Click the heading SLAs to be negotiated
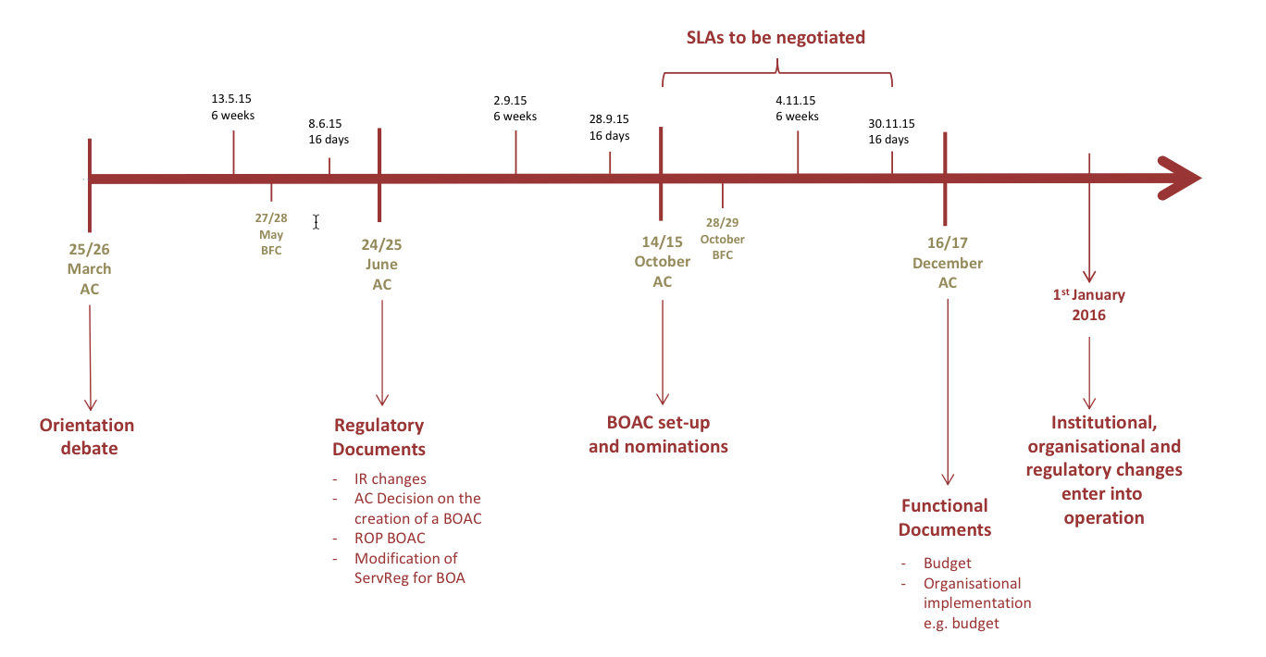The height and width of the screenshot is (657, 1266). pyautogui.click(x=776, y=38)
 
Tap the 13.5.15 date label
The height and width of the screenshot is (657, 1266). pyautogui.click(x=232, y=99)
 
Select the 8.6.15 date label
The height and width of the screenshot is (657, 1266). pyautogui.click(x=325, y=123)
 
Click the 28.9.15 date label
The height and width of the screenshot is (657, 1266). pyautogui.click(x=609, y=119)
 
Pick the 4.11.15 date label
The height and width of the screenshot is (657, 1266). pyautogui.click(x=796, y=100)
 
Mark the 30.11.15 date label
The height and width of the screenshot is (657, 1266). pyautogui.click(x=891, y=123)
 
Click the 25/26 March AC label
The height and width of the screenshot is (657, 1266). pyautogui.click(x=89, y=268)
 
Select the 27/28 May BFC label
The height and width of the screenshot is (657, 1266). pyautogui.click(x=270, y=234)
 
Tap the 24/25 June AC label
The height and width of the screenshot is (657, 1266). pyautogui.click(x=381, y=265)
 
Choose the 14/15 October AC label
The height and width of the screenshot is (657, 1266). pyautogui.click(x=662, y=261)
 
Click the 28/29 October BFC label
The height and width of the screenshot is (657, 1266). pyautogui.click(x=722, y=240)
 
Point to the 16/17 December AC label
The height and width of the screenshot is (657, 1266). pyautogui.click(x=947, y=263)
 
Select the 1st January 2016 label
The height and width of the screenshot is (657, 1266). pyautogui.click(x=1088, y=304)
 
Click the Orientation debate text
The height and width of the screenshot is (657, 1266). pyautogui.click(x=86, y=437)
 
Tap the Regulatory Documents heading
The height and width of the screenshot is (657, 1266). pyautogui.click(x=379, y=437)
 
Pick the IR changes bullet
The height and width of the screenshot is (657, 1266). pyautogui.click(x=390, y=479)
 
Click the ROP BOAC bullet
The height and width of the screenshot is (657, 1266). pyautogui.click(x=390, y=538)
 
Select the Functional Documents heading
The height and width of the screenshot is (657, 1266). pyautogui.click(x=945, y=517)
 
